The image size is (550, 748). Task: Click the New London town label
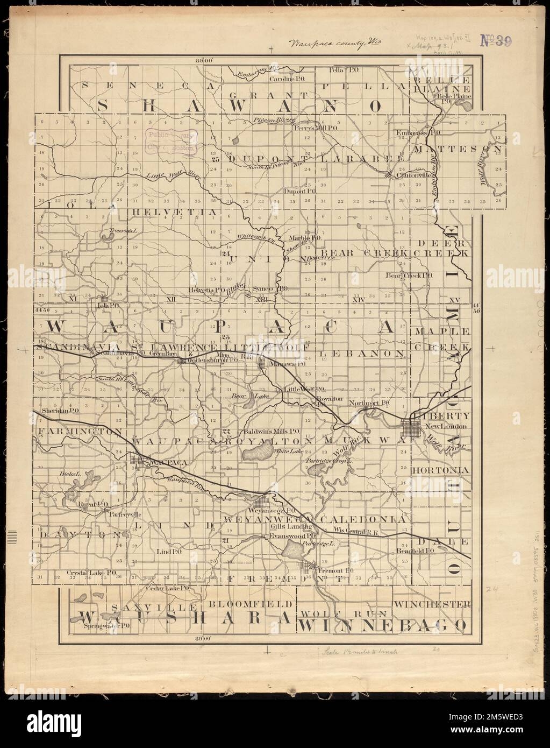(x=444, y=427)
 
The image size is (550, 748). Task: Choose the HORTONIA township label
(x=440, y=470)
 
